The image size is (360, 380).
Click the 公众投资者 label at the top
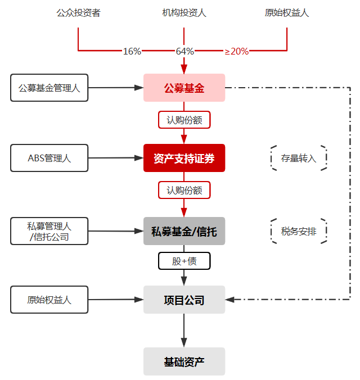pos(78,13)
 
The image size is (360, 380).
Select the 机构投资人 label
pos(184,13)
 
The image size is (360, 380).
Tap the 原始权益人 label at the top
pos(287,13)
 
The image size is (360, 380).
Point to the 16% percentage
pos(132,51)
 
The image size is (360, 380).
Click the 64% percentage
pos(184,51)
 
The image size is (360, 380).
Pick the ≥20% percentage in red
pos(236,51)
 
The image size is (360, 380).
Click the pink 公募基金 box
pos(184,88)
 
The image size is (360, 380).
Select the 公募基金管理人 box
pos(49,88)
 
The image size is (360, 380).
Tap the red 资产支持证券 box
pos(184,157)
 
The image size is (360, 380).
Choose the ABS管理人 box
pos(49,158)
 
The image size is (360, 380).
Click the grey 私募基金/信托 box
pos(184,231)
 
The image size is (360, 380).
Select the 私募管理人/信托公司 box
pos(49,231)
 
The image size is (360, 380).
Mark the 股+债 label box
pos(184,261)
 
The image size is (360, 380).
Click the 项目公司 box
pos(184,300)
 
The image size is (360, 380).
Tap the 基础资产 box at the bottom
pos(184,361)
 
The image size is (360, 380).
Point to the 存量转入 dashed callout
pos(299,158)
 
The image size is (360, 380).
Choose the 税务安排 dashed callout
pos(299,231)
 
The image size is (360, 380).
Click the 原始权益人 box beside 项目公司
pos(49,300)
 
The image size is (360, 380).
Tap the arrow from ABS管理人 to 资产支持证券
pos(116,158)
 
